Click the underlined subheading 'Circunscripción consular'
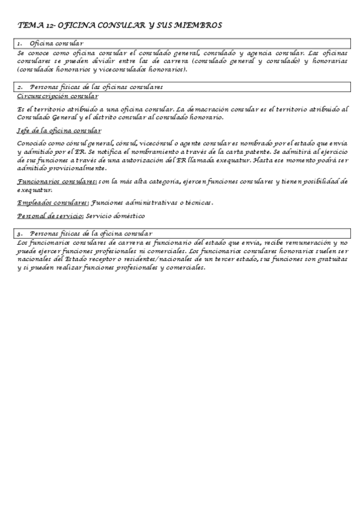[x=58, y=96]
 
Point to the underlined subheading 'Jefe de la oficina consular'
[x=59, y=131]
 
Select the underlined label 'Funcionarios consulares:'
[x=57, y=181]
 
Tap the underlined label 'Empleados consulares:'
[x=53, y=203]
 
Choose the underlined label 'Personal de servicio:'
[x=50, y=216]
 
